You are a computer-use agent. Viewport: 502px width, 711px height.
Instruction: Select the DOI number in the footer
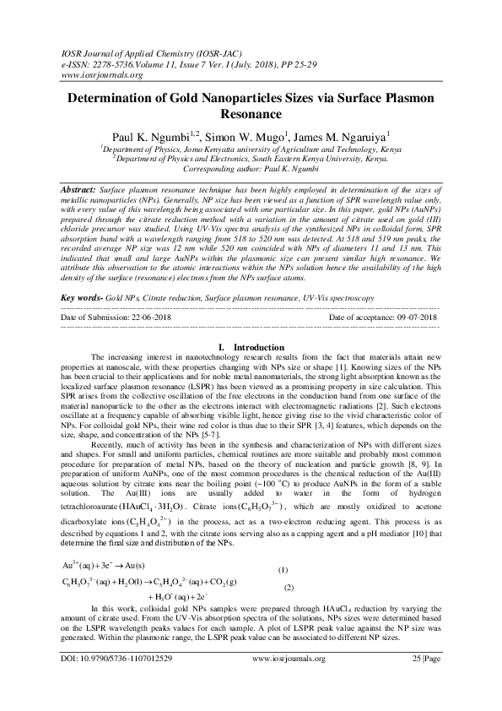coord(130,680)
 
